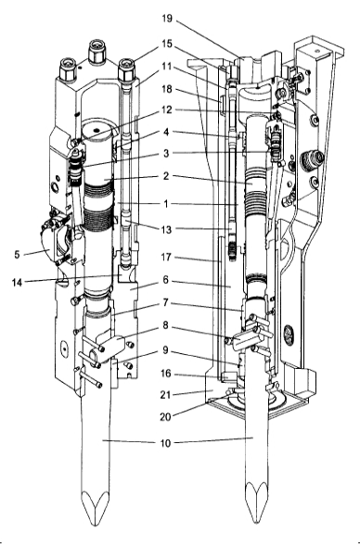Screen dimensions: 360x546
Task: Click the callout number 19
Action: (167, 19)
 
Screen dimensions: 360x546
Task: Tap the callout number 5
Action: (17, 255)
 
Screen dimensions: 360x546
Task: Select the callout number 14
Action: (17, 283)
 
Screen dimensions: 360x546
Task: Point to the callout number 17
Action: (166, 257)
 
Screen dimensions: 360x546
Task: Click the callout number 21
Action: (165, 395)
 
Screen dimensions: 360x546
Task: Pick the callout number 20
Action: (165, 416)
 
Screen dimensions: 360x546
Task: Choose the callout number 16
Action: (166, 374)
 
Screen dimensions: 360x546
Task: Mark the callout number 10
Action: (166, 443)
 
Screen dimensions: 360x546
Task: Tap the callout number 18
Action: (167, 89)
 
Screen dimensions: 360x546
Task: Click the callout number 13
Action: (166, 229)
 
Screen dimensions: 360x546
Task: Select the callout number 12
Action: (167, 109)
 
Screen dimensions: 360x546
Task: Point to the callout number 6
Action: (165, 279)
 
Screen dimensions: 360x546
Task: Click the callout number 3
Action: (166, 153)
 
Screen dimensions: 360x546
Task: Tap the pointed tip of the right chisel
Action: (257, 522)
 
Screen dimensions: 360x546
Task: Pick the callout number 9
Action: (165, 349)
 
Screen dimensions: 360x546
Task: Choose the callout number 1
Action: (166, 203)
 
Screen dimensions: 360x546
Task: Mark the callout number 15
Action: (167, 44)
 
